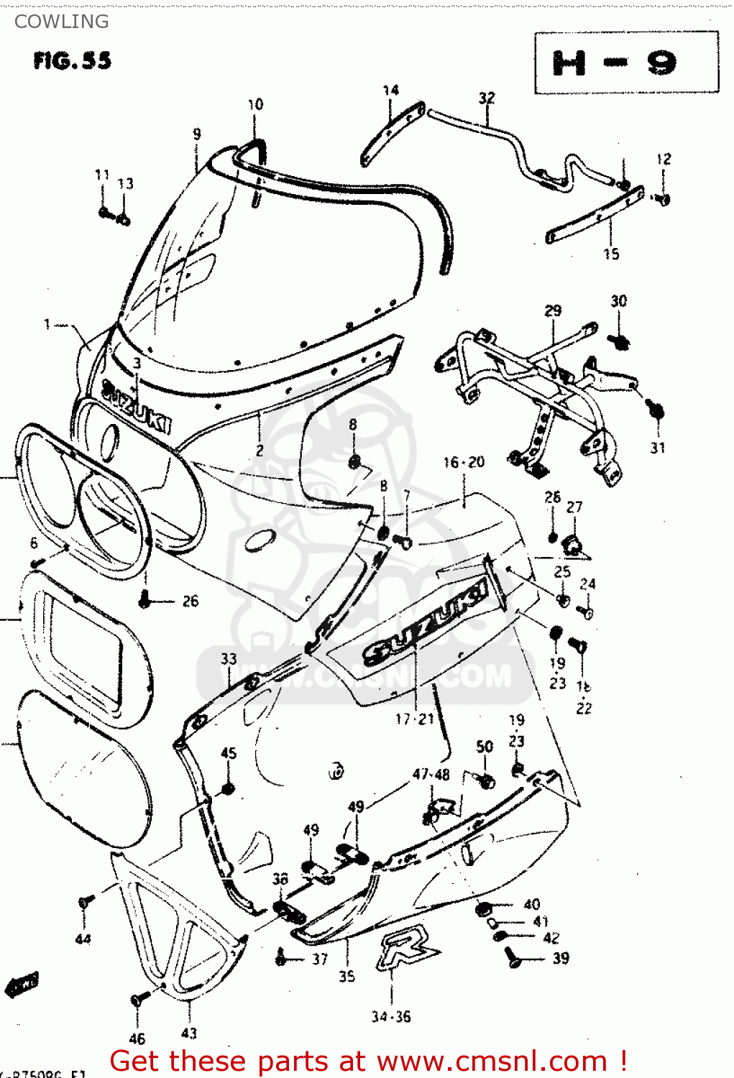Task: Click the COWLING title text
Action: [61, 22]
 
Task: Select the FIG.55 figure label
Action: [72, 60]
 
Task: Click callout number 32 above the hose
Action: [487, 98]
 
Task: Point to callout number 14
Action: [390, 91]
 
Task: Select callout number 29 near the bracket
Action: [552, 310]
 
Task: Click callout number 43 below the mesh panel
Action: [188, 1033]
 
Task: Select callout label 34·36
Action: [391, 1016]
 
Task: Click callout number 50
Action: [485, 747]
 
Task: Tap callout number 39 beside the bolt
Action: [560, 958]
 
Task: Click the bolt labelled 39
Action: [513, 956]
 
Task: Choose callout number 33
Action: [229, 658]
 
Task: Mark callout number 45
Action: [229, 753]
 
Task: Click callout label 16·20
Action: [464, 462]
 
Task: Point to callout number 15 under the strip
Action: [610, 254]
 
